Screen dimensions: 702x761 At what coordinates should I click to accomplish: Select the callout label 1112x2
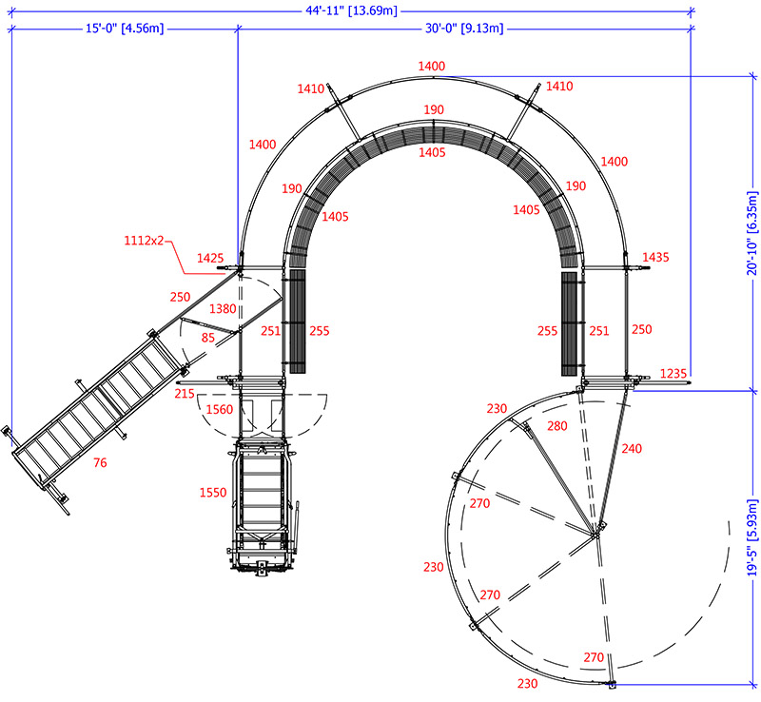pos(144,240)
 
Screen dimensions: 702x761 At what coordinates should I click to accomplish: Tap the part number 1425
pos(210,258)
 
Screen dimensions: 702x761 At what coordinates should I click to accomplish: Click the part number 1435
pos(656,258)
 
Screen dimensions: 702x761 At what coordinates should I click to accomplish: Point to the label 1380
pos(222,308)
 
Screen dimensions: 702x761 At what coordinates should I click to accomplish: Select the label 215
pos(185,393)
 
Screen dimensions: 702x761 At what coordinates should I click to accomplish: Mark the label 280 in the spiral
pos(557,426)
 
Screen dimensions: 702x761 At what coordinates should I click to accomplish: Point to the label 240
pos(633,447)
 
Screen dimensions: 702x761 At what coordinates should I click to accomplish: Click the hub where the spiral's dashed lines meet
pos(595,534)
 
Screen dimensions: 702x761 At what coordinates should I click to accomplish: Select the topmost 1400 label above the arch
pos(431,66)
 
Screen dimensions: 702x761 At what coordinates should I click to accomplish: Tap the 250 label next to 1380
pos(181,296)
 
